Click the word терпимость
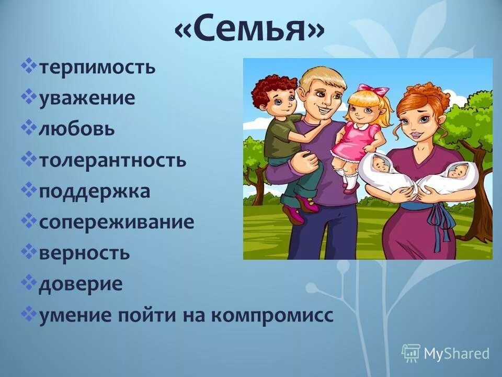[97, 68]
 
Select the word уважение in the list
[87, 98]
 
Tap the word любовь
[76, 129]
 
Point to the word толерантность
[112, 160]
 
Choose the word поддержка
[95, 191]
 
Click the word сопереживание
[117, 222]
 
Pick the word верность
[84, 253]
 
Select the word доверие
[81, 284]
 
